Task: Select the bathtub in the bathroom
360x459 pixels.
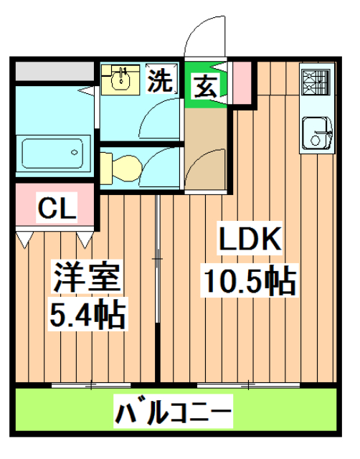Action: click(54, 153)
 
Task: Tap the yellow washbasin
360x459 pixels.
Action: click(123, 78)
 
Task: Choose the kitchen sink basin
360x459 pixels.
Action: click(316, 132)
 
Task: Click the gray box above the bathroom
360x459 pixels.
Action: click(54, 72)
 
